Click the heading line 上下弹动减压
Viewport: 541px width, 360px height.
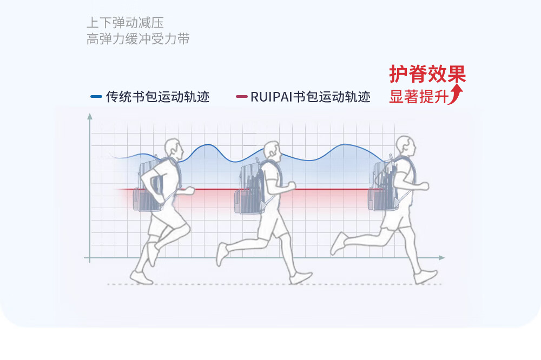coord(125,23)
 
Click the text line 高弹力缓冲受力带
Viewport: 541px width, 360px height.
coord(138,39)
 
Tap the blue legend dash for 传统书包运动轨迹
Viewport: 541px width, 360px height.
coord(96,97)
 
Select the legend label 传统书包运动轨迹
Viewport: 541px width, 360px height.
coord(157,97)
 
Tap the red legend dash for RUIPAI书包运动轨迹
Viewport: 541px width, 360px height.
coord(242,97)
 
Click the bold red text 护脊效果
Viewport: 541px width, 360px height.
coord(427,75)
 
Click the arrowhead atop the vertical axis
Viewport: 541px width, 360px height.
coord(90,116)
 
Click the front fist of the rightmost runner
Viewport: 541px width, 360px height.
coord(424,186)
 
